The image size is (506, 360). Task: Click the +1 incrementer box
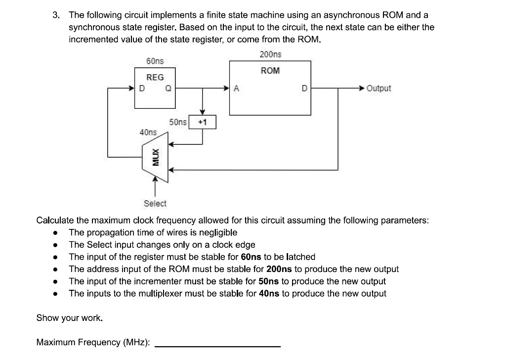pos(203,122)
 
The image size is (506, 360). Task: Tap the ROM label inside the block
pos(270,71)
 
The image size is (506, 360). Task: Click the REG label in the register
pos(155,78)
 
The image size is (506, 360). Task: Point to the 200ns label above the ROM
pos(270,54)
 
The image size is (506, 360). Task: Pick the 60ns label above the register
pos(155,61)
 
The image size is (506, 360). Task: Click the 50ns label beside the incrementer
pos(178,122)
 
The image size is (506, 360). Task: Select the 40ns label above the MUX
pos(148,132)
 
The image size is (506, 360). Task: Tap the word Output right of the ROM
pos(379,89)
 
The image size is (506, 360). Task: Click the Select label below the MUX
pos(155,203)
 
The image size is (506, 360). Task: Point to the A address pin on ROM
pos(236,89)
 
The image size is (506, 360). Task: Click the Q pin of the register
pos(169,89)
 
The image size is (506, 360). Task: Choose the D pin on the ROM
pos(304,89)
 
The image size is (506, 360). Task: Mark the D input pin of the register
pos(142,89)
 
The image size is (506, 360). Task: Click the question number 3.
pos(56,15)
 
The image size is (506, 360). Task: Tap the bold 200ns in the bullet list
pos(280,269)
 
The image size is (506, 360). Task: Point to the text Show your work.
pos(70,317)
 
